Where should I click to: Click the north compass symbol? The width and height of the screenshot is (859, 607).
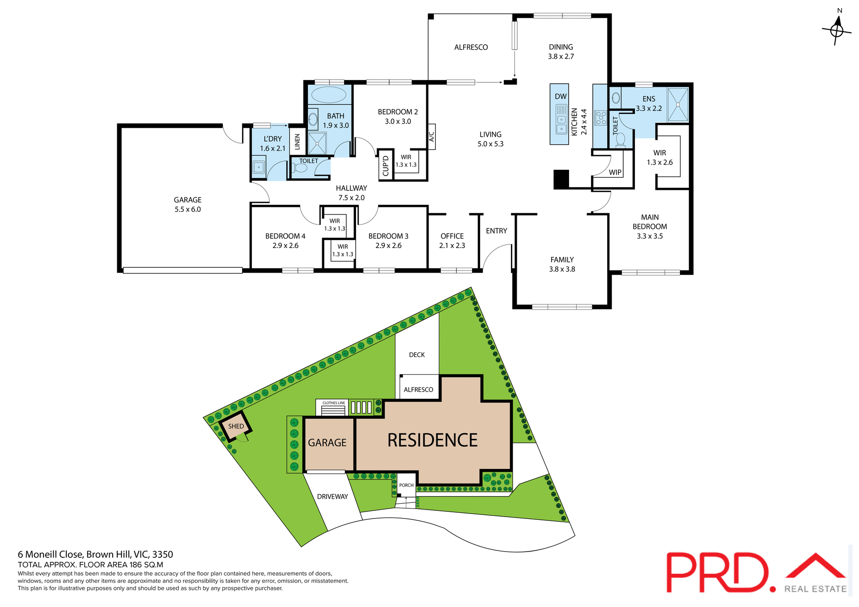837,30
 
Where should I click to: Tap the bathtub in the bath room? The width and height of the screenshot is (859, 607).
328,95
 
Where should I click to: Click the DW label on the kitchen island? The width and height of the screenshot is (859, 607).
560,97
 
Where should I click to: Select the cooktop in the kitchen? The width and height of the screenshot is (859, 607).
600,118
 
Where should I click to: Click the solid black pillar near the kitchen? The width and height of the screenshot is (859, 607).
561,179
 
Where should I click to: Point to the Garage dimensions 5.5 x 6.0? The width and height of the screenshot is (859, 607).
187,209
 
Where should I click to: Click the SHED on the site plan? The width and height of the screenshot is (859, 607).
236,426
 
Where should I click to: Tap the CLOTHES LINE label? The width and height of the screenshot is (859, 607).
333,403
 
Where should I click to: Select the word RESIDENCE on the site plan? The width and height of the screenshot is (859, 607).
432,440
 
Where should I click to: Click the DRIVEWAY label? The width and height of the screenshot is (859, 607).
332,497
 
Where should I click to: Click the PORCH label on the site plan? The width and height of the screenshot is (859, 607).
406,485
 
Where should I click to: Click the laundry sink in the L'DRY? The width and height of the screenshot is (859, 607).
259,167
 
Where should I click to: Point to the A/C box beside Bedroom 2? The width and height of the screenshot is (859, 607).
431,136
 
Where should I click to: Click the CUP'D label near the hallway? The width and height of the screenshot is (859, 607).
386,165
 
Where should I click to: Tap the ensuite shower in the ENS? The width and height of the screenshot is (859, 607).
677,105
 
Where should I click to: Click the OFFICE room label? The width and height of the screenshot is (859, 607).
452,236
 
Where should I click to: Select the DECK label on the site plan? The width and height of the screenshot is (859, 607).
417,354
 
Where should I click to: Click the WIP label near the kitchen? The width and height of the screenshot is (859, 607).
615,172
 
